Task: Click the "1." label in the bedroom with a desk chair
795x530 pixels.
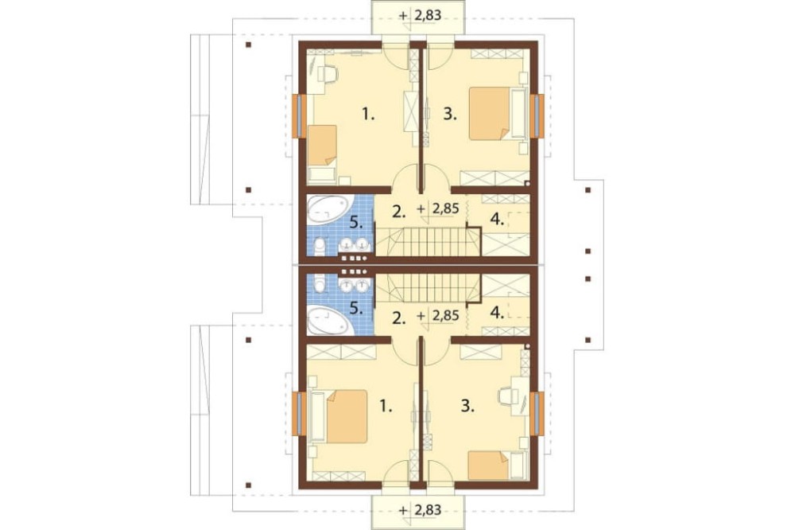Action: pos(368,115)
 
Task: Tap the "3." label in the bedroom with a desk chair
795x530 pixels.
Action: pos(467,406)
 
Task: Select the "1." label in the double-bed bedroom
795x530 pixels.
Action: pos(386,406)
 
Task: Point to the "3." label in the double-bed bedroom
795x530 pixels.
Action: pos(450,115)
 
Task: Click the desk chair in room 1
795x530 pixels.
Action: pos(328,73)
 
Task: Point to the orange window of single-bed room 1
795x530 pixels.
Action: pos(297,116)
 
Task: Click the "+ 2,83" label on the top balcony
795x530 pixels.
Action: pos(420,16)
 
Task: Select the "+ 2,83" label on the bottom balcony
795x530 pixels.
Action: pos(420,509)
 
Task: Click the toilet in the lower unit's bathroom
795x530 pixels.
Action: pos(320,283)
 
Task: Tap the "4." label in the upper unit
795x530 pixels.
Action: pos(498,220)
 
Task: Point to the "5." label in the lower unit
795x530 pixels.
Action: pos(358,309)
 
